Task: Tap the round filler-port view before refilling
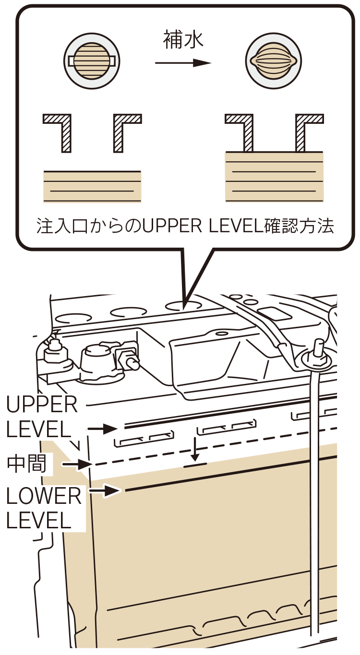click(x=92, y=61)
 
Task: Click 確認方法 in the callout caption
click(x=299, y=226)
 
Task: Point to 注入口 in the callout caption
click(x=60, y=226)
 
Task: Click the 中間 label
click(x=27, y=464)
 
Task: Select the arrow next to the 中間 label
click(x=77, y=464)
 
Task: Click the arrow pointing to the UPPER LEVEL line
click(x=103, y=429)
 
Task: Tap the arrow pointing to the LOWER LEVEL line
click(x=106, y=490)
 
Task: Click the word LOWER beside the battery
click(x=43, y=497)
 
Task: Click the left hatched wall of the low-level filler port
click(x=60, y=130)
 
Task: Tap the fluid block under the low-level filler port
click(x=92, y=186)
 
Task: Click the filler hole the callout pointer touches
click(x=184, y=305)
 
